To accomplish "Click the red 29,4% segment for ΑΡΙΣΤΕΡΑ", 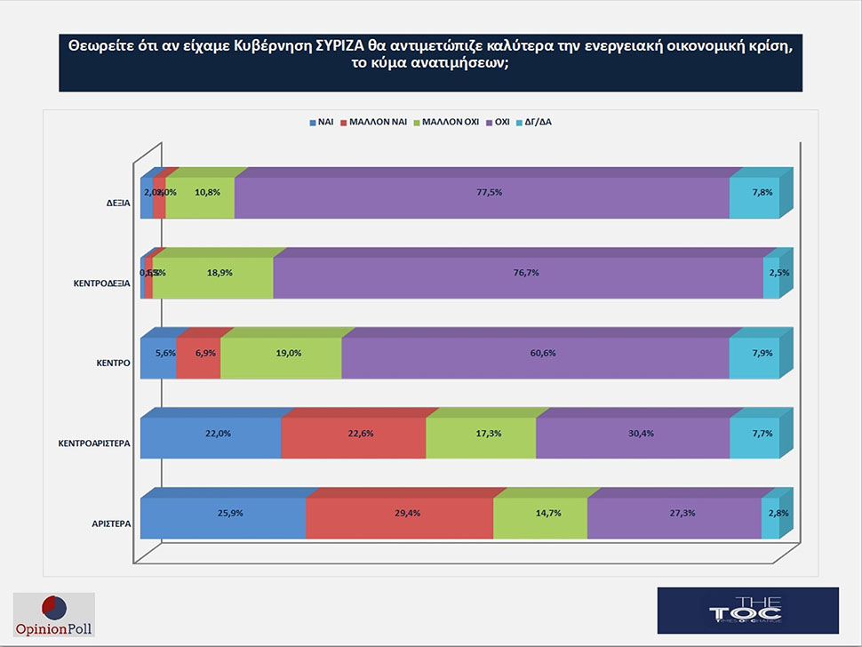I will (x=399, y=518).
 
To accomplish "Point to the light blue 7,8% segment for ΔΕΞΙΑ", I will (x=754, y=197).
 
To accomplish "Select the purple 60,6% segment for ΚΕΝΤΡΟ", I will (x=535, y=359).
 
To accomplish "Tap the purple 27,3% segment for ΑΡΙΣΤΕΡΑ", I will (x=674, y=518).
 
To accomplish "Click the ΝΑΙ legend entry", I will (x=321, y=122).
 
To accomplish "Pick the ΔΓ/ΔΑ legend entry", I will (x=533, y=122).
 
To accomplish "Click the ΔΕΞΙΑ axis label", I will (x=118, y=203).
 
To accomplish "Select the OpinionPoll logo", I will (x=53, y=615).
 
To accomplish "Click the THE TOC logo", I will (x=746, y=610).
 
